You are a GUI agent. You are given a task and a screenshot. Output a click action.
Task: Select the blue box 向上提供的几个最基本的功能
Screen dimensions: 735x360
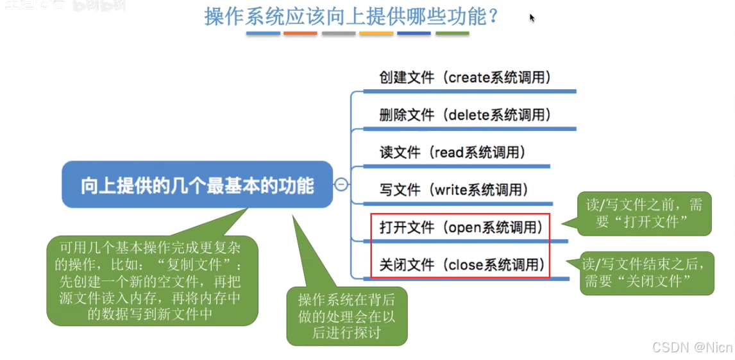coord(197,185)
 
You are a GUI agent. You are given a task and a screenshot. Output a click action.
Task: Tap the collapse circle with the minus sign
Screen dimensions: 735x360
coord(342,185)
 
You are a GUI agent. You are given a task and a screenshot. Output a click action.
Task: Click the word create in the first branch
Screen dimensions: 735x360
coord(469,78)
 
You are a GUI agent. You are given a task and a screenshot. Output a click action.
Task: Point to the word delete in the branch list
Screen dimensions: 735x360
coord(468,115)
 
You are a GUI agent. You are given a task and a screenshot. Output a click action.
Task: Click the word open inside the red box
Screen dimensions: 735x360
coord(466,227)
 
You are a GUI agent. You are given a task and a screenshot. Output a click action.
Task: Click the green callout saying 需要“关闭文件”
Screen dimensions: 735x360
coord(646,273)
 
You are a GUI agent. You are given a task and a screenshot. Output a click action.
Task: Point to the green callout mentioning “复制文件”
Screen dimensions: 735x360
coord(152,280)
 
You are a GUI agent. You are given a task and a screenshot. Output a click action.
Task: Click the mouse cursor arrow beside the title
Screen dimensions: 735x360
coord(532,17)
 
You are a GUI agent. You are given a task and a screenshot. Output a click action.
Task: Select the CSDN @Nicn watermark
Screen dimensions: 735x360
coord(691,347)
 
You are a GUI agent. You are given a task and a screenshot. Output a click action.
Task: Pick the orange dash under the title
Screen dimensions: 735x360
coord(300,33)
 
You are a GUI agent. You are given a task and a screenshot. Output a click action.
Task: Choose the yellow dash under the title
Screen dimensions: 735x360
coord(376,33)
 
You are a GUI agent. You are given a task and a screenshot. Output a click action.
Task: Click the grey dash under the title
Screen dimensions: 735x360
coord(338,33)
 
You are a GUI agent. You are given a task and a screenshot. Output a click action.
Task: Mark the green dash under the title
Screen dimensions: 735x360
coord(452,33)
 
